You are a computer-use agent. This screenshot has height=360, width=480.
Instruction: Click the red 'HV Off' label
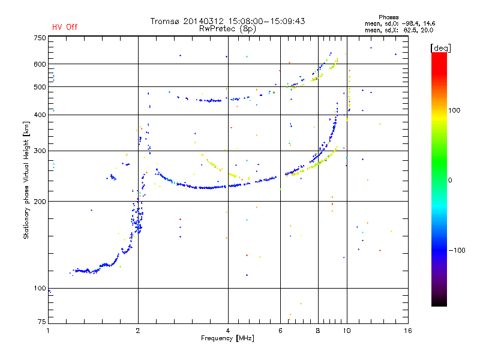tap(65, 27)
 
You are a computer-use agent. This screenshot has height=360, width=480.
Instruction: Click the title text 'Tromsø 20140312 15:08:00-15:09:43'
tap(227, 21)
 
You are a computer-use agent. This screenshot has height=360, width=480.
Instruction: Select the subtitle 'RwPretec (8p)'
tap(227, 29)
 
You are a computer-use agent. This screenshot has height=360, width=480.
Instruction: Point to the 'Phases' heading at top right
tap(388, 17)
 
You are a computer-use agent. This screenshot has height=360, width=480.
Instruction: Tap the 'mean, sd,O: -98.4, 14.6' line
tap(400, 23)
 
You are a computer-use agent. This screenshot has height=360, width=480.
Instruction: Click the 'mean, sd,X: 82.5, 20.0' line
tap(399, 30)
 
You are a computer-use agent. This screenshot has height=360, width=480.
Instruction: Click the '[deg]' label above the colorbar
tap(440, 48)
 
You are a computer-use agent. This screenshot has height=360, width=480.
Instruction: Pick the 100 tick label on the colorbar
tap(454, 110)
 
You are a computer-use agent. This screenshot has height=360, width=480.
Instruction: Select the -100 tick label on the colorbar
tap(457, 250)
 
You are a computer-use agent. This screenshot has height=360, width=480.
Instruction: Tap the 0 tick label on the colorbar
tap(450, 180)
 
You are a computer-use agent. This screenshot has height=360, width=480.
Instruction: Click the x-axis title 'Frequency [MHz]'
tap(227, 338)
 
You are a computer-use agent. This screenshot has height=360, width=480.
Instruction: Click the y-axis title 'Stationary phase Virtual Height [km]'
tap(26, 181)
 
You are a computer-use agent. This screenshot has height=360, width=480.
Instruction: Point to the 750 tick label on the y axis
tap(40, 38)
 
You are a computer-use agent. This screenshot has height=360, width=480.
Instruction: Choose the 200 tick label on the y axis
tap(40, 202)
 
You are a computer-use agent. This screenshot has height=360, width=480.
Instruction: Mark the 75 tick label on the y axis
tap(41, 322)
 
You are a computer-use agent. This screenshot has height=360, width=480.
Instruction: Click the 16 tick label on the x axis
tap(408, 331)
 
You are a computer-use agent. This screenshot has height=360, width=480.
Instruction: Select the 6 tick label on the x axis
tap(280, 331)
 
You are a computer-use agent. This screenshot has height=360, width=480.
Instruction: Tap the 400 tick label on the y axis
tap(40, 115)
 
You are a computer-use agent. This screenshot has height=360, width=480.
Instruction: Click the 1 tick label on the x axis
tap(48, 331)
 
